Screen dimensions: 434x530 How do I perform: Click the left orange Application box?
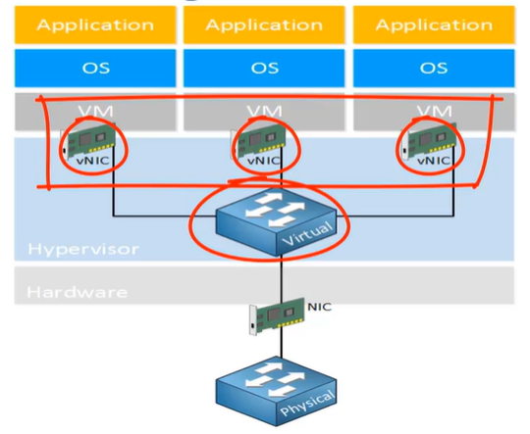(95, 24)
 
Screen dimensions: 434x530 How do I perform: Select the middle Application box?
(264, 24)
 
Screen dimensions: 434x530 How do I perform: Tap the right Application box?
(433, 24)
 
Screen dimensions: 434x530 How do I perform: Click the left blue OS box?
(95, 69)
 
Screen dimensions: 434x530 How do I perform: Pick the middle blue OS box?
(264, 69)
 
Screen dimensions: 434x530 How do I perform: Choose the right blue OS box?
(433, 69)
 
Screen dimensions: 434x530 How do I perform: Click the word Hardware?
(65, 291)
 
